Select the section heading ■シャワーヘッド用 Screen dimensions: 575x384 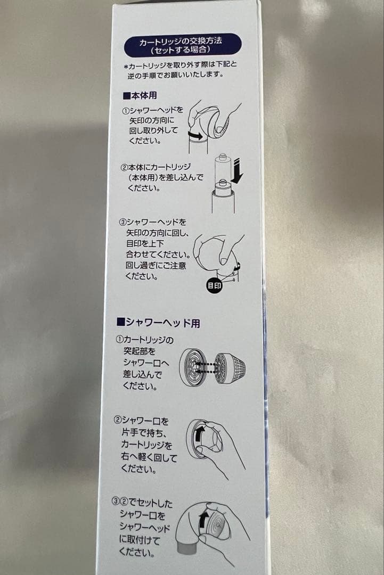tap(158, 323)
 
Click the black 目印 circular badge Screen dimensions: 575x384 tap(214, 285)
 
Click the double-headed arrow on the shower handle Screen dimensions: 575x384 tap(195, 136)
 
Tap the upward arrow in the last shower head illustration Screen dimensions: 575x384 tap(203, 520)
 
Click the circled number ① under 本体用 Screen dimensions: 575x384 tap(126, 111)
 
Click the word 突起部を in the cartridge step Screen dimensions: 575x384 tap(138, 350)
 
